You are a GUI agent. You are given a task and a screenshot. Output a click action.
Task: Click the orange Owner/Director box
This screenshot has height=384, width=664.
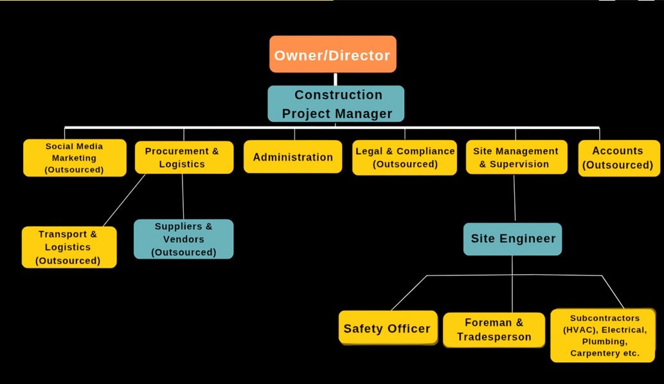[333, 54]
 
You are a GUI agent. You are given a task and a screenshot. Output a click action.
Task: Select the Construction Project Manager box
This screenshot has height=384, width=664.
[336, 103]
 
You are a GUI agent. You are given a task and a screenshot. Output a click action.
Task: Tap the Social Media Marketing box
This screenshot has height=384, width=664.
[75, 158]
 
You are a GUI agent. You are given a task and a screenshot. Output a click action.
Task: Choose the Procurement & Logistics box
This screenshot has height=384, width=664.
[184, 157]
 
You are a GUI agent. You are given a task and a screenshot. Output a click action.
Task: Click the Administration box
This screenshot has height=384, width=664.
[292, 157]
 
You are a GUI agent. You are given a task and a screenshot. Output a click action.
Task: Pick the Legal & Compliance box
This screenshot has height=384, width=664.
[404, 157]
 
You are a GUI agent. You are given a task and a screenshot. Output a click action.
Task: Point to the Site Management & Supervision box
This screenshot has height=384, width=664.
[517, 157]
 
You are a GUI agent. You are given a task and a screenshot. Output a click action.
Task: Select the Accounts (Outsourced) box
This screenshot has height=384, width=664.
[619, 158]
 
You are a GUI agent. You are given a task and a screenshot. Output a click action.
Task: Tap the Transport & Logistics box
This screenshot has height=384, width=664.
[69, 247]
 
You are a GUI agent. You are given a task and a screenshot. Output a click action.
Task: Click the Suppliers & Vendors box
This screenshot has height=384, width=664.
[183, 239]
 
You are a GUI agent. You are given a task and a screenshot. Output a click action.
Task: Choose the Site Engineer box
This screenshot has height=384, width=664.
[512, 239]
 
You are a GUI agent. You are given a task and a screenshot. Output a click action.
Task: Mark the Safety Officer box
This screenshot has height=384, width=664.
[388, 327]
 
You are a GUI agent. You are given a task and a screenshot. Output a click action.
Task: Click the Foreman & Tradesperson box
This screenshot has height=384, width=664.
[494, 330]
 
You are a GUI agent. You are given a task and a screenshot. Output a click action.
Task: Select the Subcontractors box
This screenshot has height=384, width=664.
[603, 335]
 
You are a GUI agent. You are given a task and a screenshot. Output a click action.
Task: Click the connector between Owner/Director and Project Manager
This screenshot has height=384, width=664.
[336, 79]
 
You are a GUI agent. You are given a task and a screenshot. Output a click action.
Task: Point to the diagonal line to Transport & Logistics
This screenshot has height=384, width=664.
[123, 200]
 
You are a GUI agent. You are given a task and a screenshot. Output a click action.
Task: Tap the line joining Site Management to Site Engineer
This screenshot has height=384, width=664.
[514, 198]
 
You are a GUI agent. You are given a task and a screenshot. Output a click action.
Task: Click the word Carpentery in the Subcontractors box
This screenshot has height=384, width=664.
[589, 353]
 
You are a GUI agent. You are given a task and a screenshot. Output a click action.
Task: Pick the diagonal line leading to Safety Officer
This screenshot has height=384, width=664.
[409, 293]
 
